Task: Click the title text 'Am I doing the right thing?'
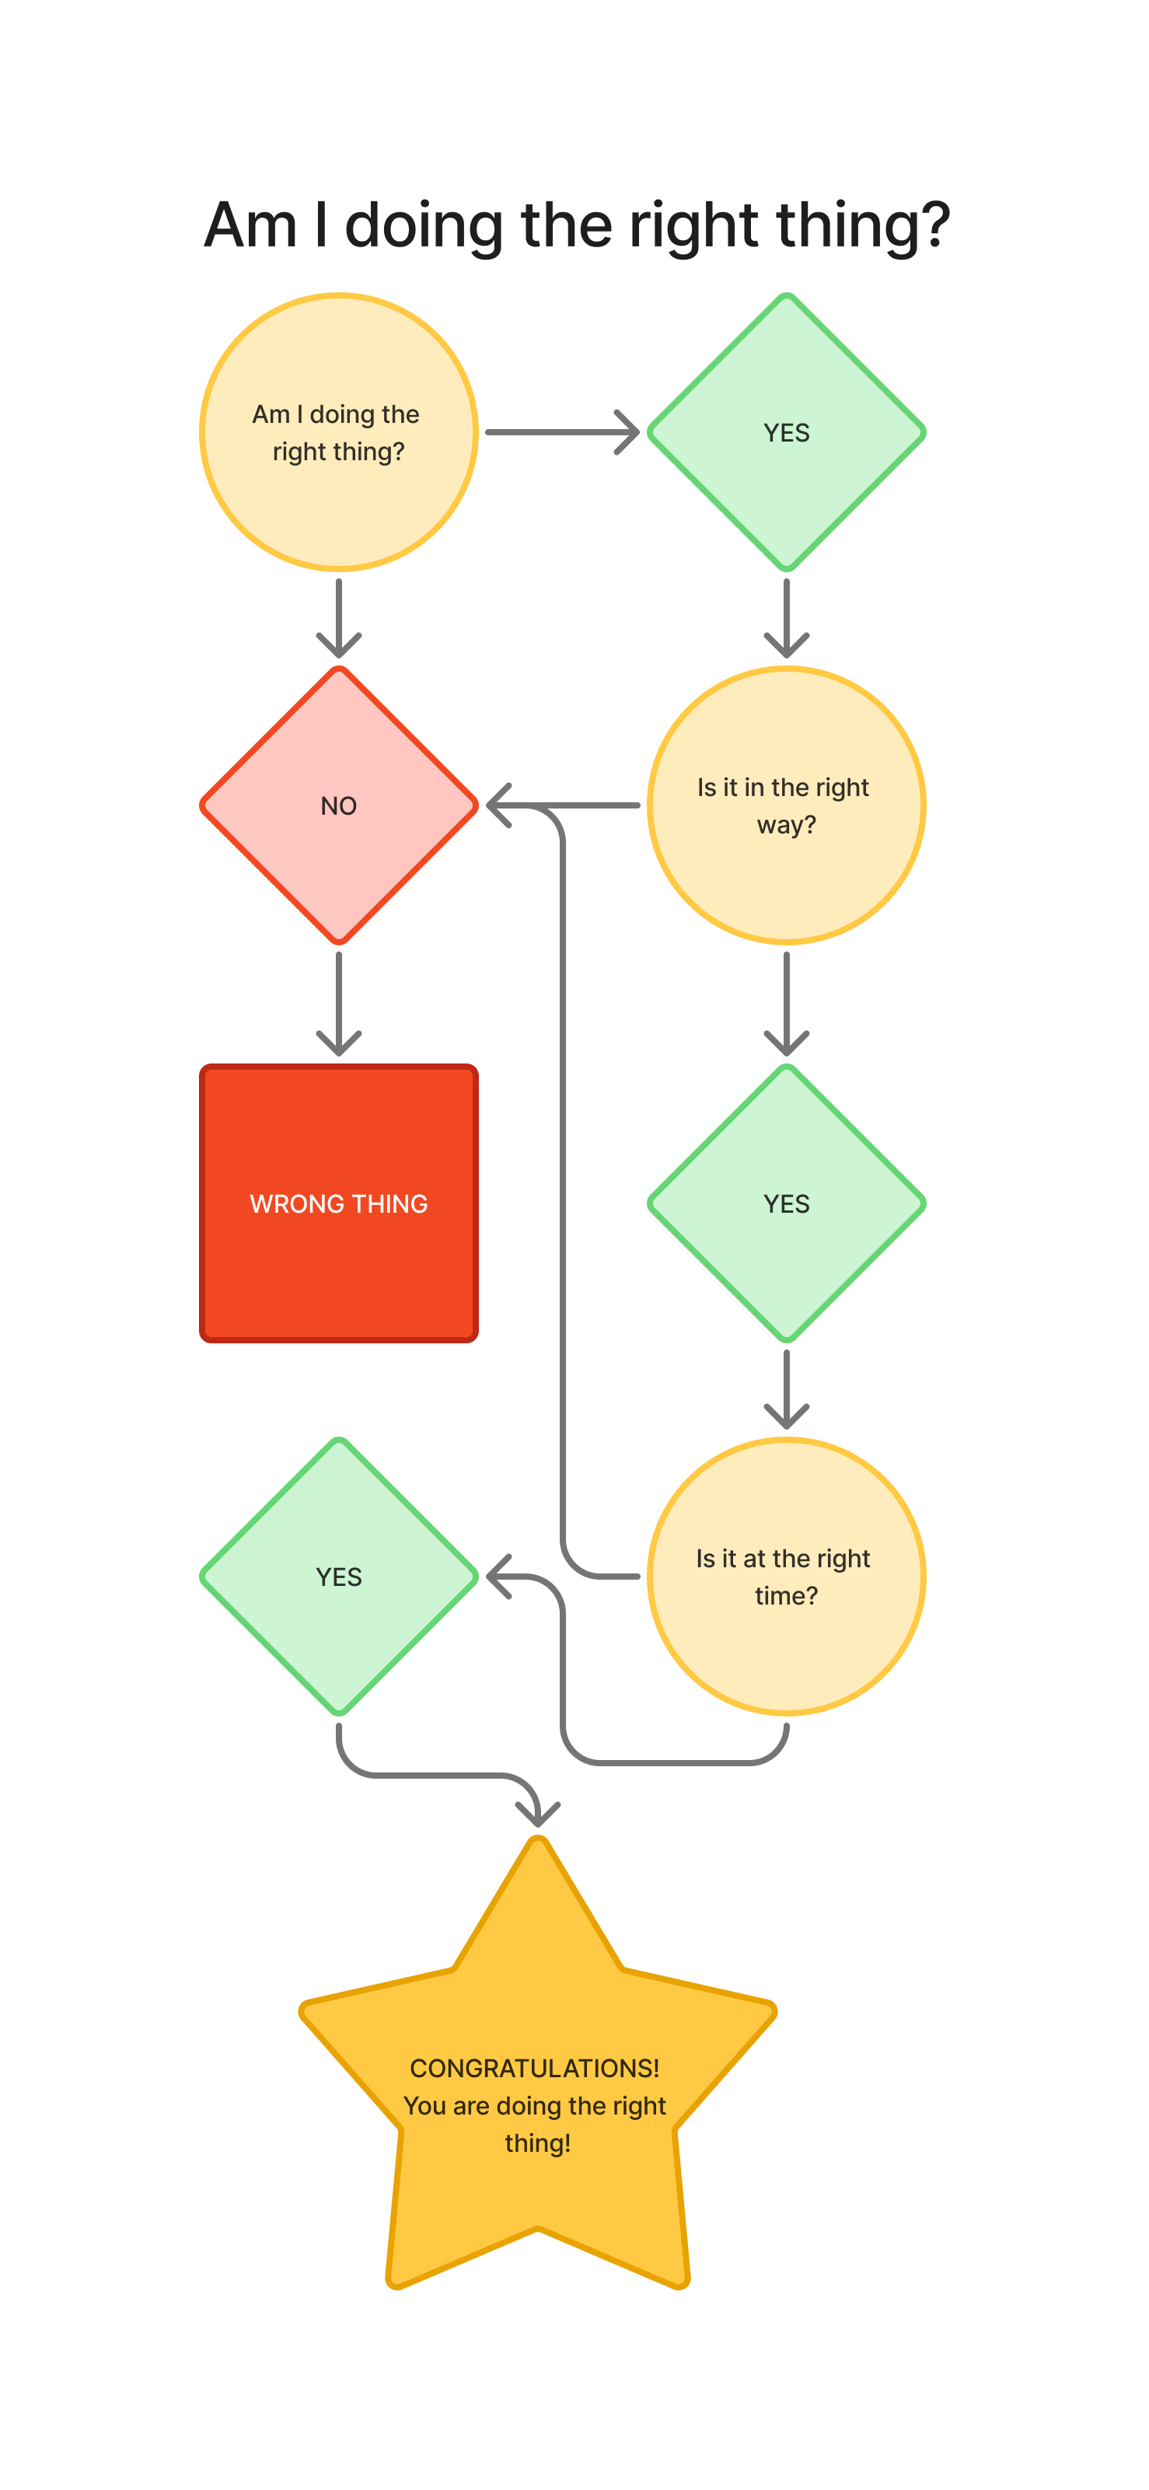click(576, 225)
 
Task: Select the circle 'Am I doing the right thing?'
click(338, 432)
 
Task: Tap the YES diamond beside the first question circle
click(786, 432)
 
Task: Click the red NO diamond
click(338, 805)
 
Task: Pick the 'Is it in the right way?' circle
click(786, 805)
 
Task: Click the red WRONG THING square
click(338, 1203)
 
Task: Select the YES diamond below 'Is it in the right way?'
click(786, 1203)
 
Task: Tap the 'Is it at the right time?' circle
click(786, 1577)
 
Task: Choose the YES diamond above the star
click(338, 1577)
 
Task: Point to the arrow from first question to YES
click(561, 432)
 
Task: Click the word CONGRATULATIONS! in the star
click(534, 2069)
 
